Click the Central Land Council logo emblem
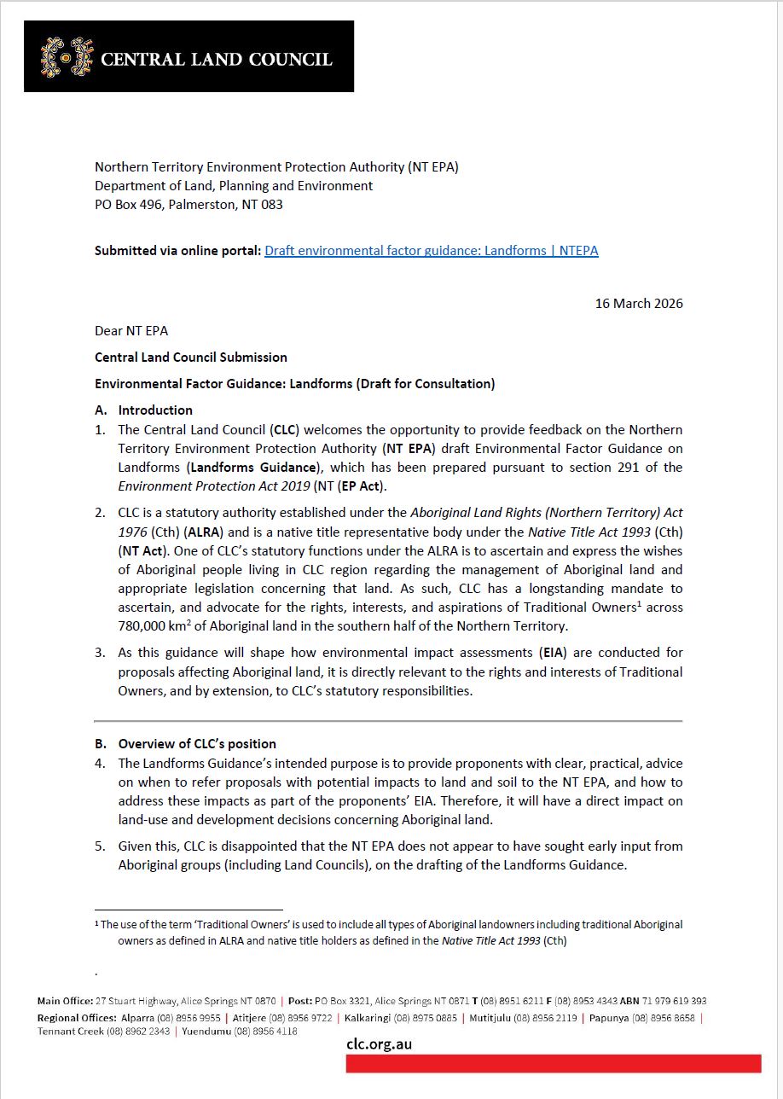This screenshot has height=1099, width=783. coord(67,57)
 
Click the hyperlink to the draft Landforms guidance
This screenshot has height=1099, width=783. coord(431,251)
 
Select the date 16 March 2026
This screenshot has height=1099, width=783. coord(639,303)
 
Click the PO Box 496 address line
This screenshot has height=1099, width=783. coord(188,205)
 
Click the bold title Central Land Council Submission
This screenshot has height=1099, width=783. coord(190,358)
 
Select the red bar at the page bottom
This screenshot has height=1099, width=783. coord(553,1064)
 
